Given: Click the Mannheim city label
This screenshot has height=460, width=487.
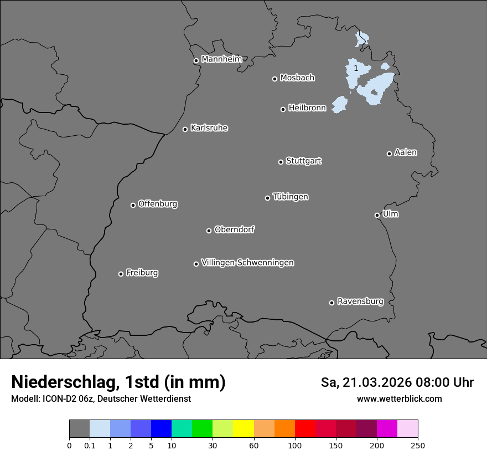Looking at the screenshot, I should tap(221, 59).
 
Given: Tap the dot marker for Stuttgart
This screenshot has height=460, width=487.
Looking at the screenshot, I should tap(281, 162).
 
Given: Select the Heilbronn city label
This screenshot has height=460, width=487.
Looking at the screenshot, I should tap(307, 108).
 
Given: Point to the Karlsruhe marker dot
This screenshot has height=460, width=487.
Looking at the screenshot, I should tap(185, 129).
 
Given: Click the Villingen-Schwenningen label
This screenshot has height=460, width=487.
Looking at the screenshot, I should tap(247, 262).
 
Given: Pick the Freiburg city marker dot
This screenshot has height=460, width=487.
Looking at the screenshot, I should tap(121, 274).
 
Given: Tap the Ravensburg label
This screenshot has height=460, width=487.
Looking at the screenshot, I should tap(360, 301).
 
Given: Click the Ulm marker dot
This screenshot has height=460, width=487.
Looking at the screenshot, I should tap(377, 215).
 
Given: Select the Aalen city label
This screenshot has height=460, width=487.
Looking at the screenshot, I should tap(406, 152).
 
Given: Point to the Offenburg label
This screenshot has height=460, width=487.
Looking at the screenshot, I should tap(158, 203).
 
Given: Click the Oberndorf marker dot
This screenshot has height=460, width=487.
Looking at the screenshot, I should tap(209, 231).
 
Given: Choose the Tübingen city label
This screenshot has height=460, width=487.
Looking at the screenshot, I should tap(291, 196).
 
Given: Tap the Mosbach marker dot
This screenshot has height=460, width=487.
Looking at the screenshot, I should tap(274, 79).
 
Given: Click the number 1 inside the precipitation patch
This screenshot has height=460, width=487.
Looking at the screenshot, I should tap(355, 68).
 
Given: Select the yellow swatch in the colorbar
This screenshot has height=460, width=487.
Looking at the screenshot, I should tap(244, 429).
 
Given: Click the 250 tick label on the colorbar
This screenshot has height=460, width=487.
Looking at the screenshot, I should tap(418, 445).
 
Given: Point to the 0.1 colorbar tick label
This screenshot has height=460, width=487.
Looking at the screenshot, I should tap(90, 445).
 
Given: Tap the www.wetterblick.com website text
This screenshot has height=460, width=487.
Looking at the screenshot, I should tap(399, 398).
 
